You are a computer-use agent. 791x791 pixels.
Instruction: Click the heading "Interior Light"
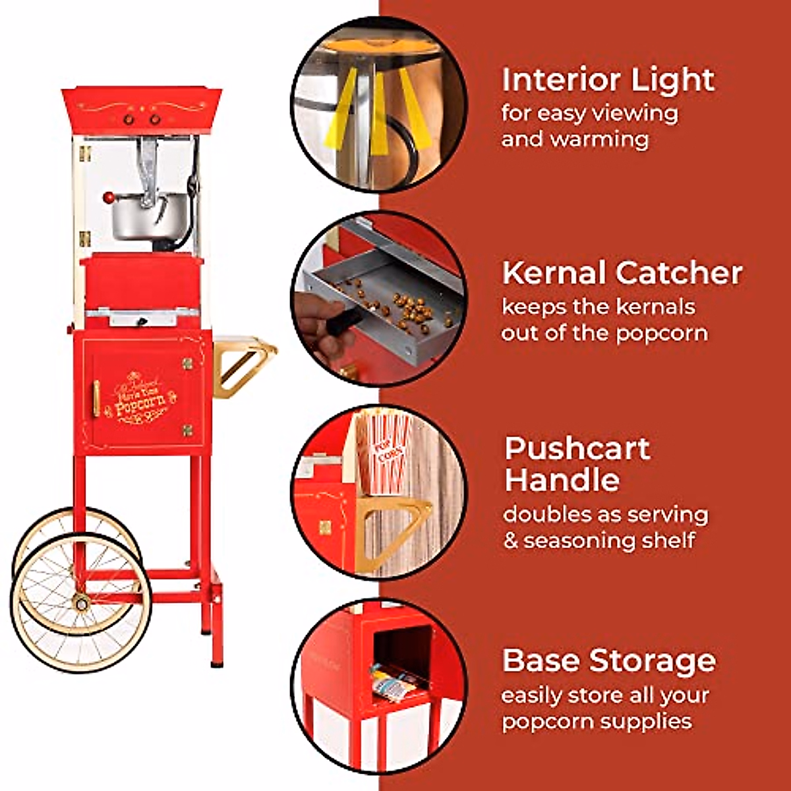[608, 80]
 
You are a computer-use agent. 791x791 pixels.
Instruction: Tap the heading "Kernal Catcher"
[622, 273]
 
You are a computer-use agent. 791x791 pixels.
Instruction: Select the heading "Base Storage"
[608, 660]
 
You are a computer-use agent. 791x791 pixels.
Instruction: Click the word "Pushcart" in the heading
[577, 449]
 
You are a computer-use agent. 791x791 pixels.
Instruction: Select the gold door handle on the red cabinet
[97, 402]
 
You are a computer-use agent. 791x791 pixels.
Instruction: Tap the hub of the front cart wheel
[81, 602]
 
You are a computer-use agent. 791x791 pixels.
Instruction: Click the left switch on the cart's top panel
[130, 119]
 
